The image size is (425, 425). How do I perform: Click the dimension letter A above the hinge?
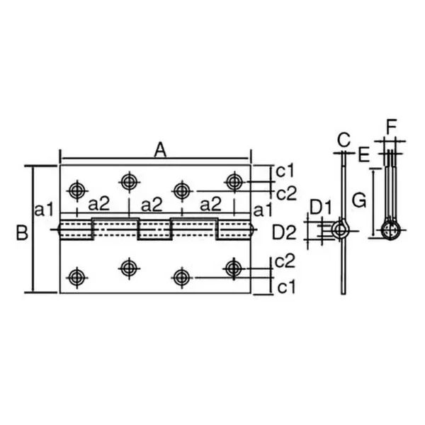160,150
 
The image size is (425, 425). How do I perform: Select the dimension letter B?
22,232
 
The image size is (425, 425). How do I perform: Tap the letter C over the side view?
344,140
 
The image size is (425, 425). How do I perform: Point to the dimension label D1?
321,208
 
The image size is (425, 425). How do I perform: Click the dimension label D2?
284,233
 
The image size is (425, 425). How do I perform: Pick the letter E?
364,155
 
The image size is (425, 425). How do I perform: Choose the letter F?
392,127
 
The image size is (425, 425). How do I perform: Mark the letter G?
359,200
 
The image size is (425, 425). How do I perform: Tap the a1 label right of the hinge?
262,210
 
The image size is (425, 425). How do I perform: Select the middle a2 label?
152,205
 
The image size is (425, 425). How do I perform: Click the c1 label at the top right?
285,171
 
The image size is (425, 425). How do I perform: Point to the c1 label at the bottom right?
286,288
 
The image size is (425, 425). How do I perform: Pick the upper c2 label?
287,193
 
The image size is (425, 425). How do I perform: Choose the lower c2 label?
285,261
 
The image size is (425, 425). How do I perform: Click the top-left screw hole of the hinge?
77,191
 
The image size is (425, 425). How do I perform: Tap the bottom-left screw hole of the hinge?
77,278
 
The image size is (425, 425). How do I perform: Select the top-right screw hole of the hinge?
234,181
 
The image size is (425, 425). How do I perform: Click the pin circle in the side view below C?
340,230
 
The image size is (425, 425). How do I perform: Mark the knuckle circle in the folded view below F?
390,230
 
